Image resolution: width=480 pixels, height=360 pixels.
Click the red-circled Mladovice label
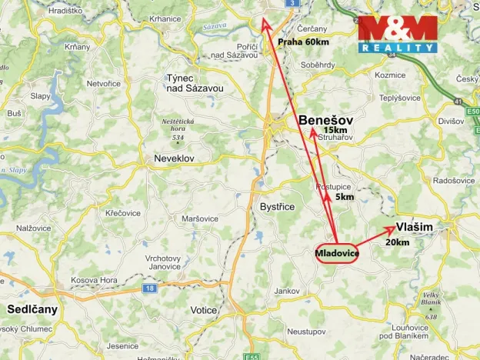coord(336,254)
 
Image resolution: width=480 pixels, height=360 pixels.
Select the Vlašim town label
coord(415,227)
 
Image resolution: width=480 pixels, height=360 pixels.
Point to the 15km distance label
coord(335,132)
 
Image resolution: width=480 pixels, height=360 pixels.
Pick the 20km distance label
coord(397,242)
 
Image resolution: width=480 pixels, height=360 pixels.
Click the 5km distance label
coord(345,198)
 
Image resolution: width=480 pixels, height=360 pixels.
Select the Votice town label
coord(204,310)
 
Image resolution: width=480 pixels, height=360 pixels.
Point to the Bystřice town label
coord(278,208)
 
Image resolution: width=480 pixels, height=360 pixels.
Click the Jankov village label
coord(287,291)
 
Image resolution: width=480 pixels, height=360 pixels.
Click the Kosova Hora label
coord(92,281)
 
